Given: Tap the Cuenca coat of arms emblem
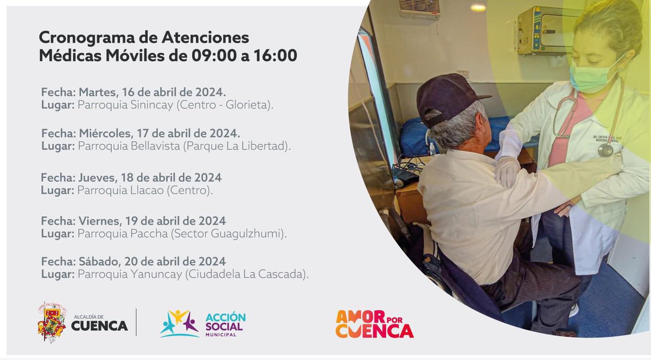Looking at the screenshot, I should point(52,322).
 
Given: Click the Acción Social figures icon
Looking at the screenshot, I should point(180,324).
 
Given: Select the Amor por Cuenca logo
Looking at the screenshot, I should point(374,324).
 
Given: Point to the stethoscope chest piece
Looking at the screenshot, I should point(605,150).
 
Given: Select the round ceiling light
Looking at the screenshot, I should point(478,8).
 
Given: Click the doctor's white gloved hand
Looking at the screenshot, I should point(508,169).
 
